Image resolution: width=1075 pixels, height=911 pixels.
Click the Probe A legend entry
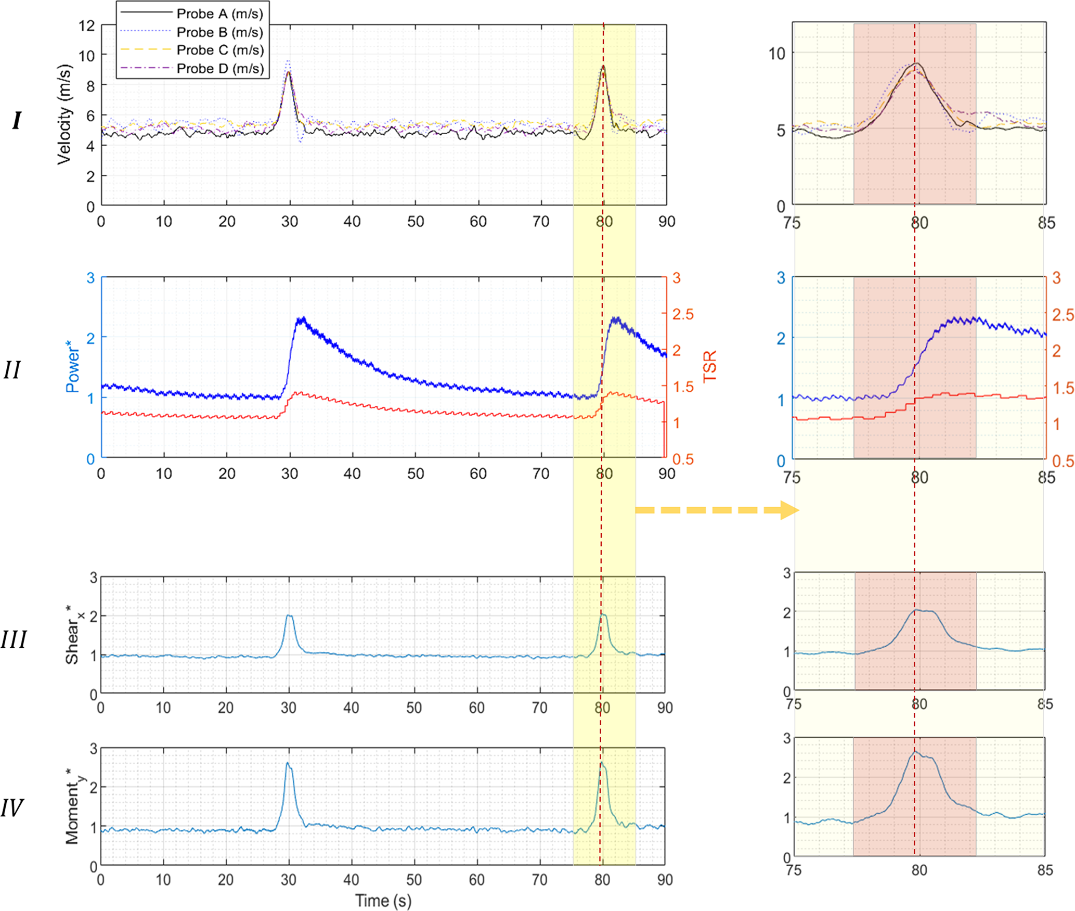(x=219, y=14)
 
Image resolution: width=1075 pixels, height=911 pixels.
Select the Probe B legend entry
(x=219, y=32)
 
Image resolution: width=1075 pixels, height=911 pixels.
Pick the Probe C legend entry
(x=219, y=50)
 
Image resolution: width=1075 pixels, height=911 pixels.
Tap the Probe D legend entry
(x=219, y=69)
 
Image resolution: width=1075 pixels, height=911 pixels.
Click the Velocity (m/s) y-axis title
(x=64, y=114)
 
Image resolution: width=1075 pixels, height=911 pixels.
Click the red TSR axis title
(x=709, y=366)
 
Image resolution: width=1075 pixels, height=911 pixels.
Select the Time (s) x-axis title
(x=383, y=901)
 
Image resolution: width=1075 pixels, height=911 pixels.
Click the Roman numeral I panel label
(x=17, y=121)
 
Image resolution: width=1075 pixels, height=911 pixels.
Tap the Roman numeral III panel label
(x=14, y=640)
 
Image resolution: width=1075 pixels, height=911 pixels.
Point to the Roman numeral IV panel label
(x=12, y=808)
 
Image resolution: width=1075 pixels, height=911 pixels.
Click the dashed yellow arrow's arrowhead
(x=789, y=510)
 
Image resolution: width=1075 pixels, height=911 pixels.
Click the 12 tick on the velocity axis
(x=87, y=25)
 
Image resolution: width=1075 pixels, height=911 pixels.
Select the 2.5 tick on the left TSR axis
(x=683, y=314)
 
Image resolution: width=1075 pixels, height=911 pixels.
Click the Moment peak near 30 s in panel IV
(x=287, y=763)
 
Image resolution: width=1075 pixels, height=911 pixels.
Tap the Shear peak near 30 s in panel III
(x=289, y=616)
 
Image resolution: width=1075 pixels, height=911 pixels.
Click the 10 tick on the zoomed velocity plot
(x=776, y=54)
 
